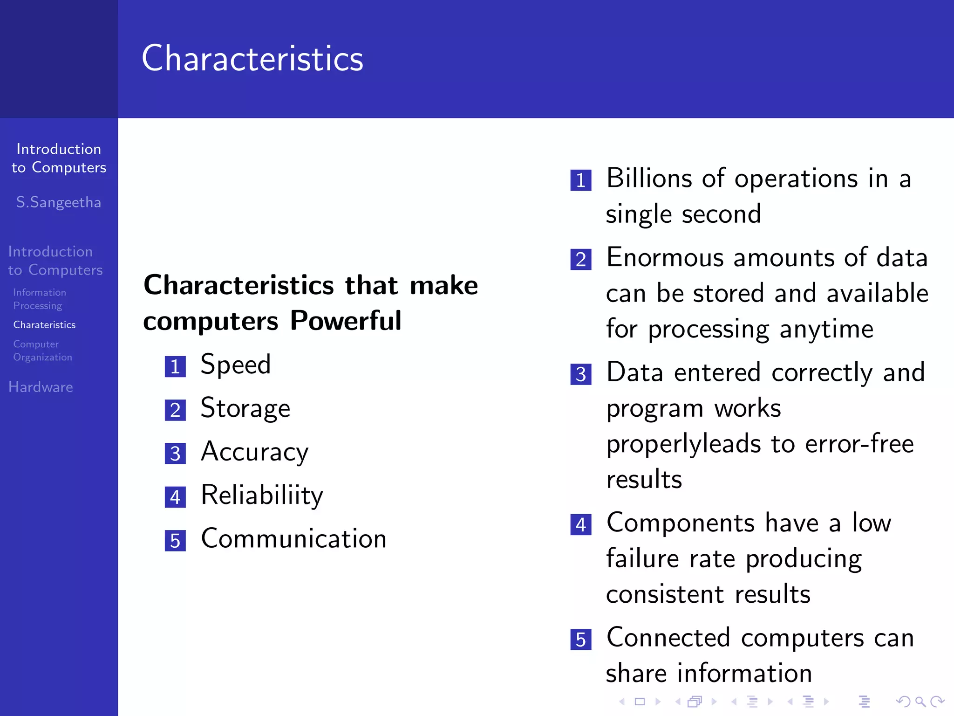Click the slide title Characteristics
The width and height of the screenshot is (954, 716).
(252, 59)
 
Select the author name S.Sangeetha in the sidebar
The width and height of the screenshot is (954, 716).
(58, 202)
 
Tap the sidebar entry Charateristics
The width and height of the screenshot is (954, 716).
(44, 325)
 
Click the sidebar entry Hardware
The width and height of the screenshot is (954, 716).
(41, 387)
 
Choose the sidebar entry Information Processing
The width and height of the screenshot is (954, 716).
(40, 299)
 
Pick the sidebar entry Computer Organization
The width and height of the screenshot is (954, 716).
(42, 351)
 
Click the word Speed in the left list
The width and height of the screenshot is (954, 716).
(235, 364)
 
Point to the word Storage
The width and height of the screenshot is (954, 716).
(245, 408)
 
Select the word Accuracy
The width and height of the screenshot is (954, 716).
(254, 452)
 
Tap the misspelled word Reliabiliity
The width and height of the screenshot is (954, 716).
(262, 495)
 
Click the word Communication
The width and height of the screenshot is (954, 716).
(293, 539)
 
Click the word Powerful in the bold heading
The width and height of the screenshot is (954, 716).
(345, 321)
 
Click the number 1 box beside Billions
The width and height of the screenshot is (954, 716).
(580, 180)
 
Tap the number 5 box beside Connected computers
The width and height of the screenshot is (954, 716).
(580, 640)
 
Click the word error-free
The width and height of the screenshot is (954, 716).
(859, 443)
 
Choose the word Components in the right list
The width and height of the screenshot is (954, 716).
(680, 523)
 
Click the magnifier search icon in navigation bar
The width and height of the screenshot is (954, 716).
(920, 702)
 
